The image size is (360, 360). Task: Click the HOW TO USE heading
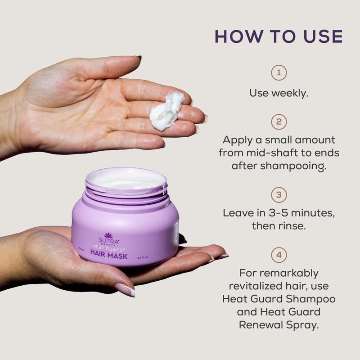click(x=279, y=36)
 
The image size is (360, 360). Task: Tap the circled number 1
click(x=279, y=72)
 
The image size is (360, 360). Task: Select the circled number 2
click(x=279, y=121)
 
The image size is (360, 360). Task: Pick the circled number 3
click(x=279, y=195)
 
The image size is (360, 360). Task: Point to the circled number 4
click(x=279, y=256)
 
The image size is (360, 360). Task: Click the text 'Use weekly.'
click(x=279, y=93)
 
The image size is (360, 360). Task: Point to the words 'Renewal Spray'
click(x=279, y=324)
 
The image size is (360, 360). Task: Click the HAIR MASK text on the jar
click(x=109, y=256)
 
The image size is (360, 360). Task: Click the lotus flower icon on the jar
click(x=108, y=235)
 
